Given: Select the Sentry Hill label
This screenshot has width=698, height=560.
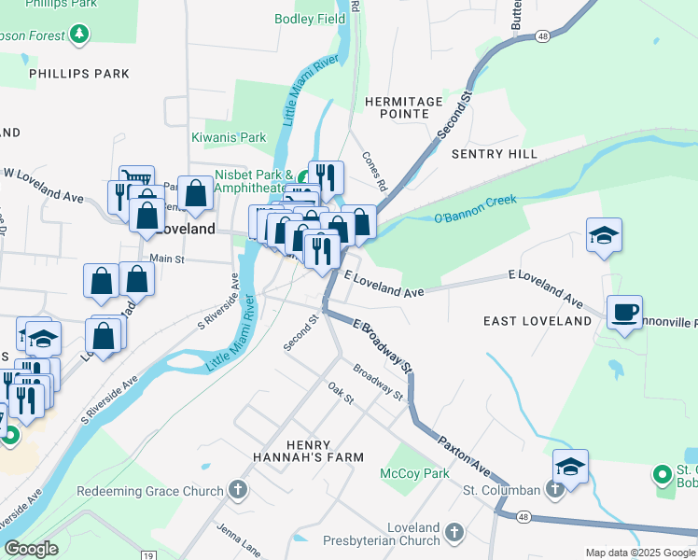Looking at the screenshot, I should tap(494, 152).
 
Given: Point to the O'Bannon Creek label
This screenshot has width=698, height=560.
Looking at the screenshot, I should tap(474, 209).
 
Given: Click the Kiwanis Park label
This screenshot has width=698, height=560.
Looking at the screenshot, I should tap(229, 137).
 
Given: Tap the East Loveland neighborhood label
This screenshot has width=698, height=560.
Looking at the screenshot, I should tap(537, 321).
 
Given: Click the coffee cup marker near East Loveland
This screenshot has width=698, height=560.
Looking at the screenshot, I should tap(624, 312).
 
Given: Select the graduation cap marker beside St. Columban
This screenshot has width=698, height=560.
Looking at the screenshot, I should tap(570, 466).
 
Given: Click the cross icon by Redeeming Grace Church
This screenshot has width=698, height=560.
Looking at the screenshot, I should tap(238, 490).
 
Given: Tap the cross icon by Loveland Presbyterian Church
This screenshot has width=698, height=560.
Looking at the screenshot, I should tap(454, 533).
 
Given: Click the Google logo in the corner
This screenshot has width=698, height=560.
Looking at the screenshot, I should tap(32, 549).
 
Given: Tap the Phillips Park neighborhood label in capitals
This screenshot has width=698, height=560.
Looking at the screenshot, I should tap(65, 73).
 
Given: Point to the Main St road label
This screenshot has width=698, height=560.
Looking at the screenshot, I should tap(166, 259).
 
